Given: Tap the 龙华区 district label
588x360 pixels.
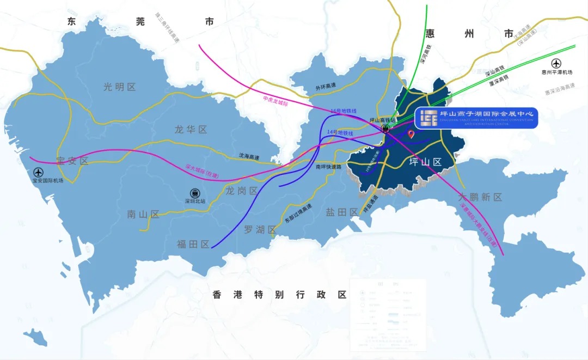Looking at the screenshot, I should [x=191, y=130].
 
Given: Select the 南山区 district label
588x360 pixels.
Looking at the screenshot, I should [x=143, y=215].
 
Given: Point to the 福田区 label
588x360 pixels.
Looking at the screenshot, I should [x=193, y=245].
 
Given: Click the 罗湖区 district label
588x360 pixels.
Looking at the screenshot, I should [x=260, y=230].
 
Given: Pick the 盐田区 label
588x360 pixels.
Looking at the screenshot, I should [x=341, y=212].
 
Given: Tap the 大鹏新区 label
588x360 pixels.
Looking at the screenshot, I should [x=480, y=197].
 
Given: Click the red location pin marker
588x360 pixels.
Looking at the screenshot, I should [x=411, y=133].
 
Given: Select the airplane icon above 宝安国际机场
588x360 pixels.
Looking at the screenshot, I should [x=45, y=172].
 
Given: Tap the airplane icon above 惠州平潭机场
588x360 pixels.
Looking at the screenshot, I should [x=556, y=63].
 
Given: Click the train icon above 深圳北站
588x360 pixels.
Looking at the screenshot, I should [x=194, y=193].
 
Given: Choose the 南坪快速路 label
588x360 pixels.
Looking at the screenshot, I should [x=328, y=167].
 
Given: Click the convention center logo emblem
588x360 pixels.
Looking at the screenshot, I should [x=428, y=117].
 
